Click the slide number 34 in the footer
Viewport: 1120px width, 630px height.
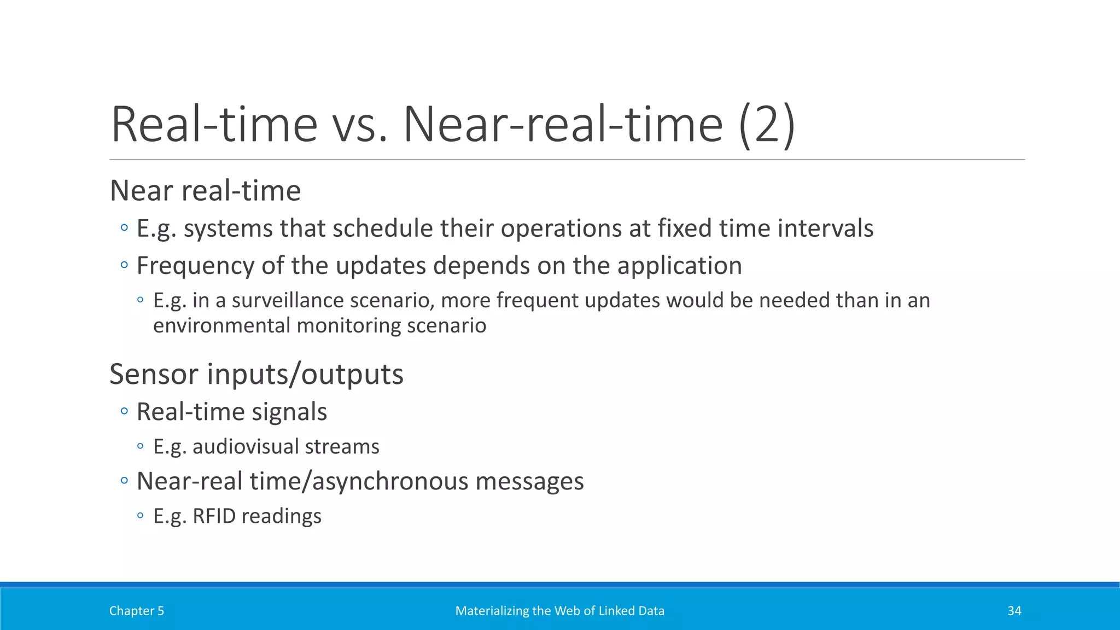[1014, 611]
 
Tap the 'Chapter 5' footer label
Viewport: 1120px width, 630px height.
[136, 611]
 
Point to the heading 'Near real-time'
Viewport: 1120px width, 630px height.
[205, 191]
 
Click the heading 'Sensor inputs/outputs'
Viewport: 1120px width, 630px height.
[256, 375]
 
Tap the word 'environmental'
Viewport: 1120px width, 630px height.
[221, 326]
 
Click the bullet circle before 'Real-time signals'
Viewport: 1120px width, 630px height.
[124, 411]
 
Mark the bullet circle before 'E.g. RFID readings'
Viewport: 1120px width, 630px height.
[141, 515]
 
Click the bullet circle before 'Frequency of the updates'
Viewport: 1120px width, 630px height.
[124, 265]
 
